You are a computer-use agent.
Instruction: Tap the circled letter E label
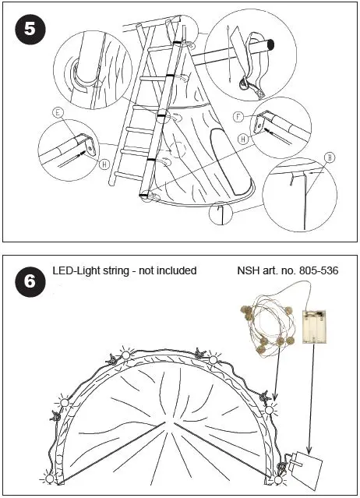[58, 112]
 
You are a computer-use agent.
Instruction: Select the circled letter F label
[237, 117]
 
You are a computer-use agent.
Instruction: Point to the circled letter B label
[330, 157]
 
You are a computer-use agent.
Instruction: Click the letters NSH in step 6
[249, 270]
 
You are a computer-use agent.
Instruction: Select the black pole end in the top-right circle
[268, 46]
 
